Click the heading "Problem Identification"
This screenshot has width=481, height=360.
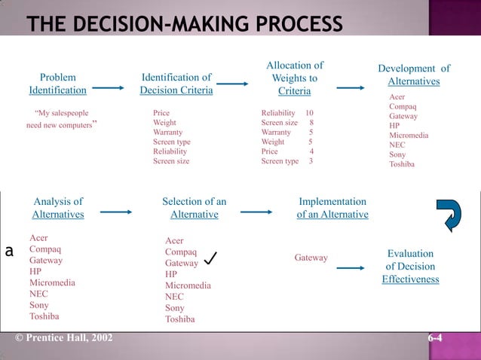tap(57, 84)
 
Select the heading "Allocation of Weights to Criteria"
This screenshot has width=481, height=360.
tap(294, 78)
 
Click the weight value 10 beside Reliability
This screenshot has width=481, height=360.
tap(309, 113)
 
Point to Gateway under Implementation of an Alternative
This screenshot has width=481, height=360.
tap(311, 258)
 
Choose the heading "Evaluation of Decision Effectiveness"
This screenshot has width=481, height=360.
tap(410, 267)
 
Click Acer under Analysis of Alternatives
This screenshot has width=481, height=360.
tap(38, 238)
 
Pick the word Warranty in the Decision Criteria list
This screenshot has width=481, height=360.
tap(168, 132)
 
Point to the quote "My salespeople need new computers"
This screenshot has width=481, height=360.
tap(63, 119)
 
